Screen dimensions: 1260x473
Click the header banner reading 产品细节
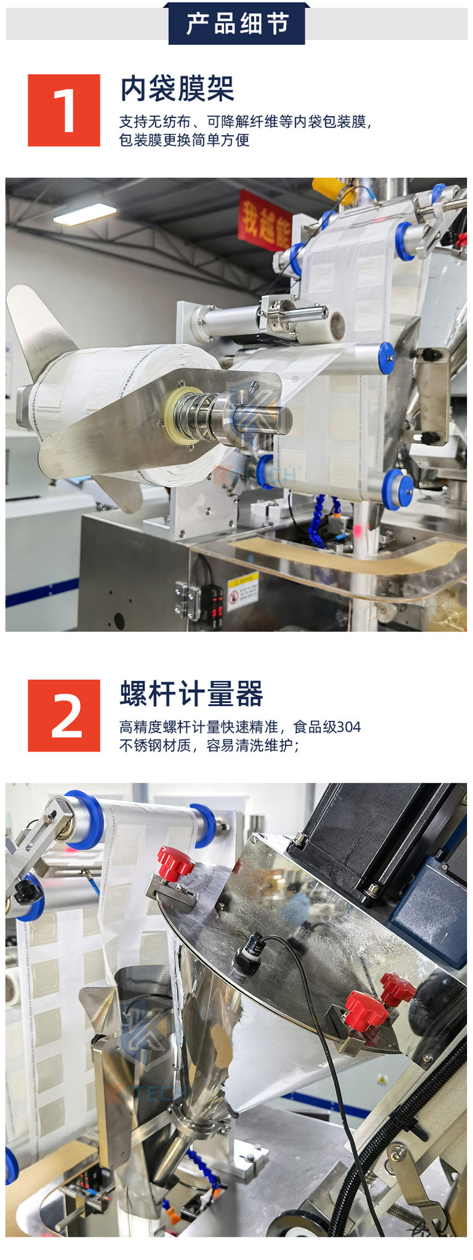click(x=236, y=24)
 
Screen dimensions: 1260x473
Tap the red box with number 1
click(x=64, y=110)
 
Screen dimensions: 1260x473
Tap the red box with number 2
click(x=64, y=715)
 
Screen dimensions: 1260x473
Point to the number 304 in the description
click(x=348, y=727)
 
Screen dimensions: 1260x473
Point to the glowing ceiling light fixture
click(x=85, y=214)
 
